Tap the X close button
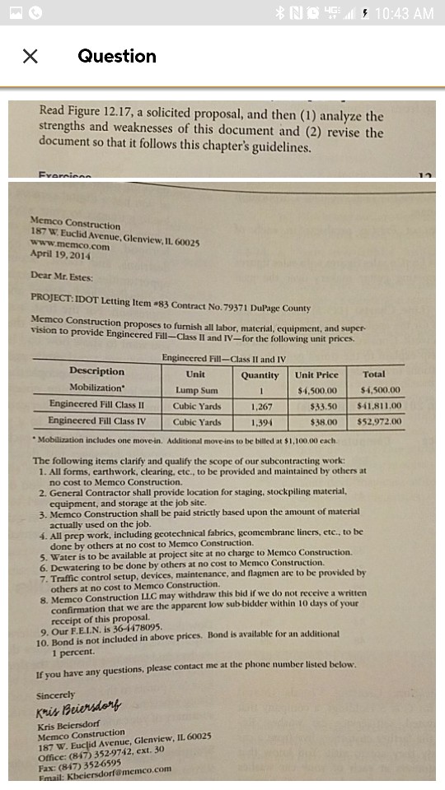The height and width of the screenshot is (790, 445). pos(30,56)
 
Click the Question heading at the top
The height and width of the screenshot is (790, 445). pos(117,56)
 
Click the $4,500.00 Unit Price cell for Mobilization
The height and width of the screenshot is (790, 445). pos(316,390)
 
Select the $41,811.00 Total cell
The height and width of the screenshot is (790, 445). pos(380,406)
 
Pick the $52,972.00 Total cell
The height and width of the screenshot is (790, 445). pos(380,421)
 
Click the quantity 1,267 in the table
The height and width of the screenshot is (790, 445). pos(260,406)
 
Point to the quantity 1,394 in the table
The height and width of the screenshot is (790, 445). pos(260,421)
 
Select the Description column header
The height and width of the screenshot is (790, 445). pos(97,372)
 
